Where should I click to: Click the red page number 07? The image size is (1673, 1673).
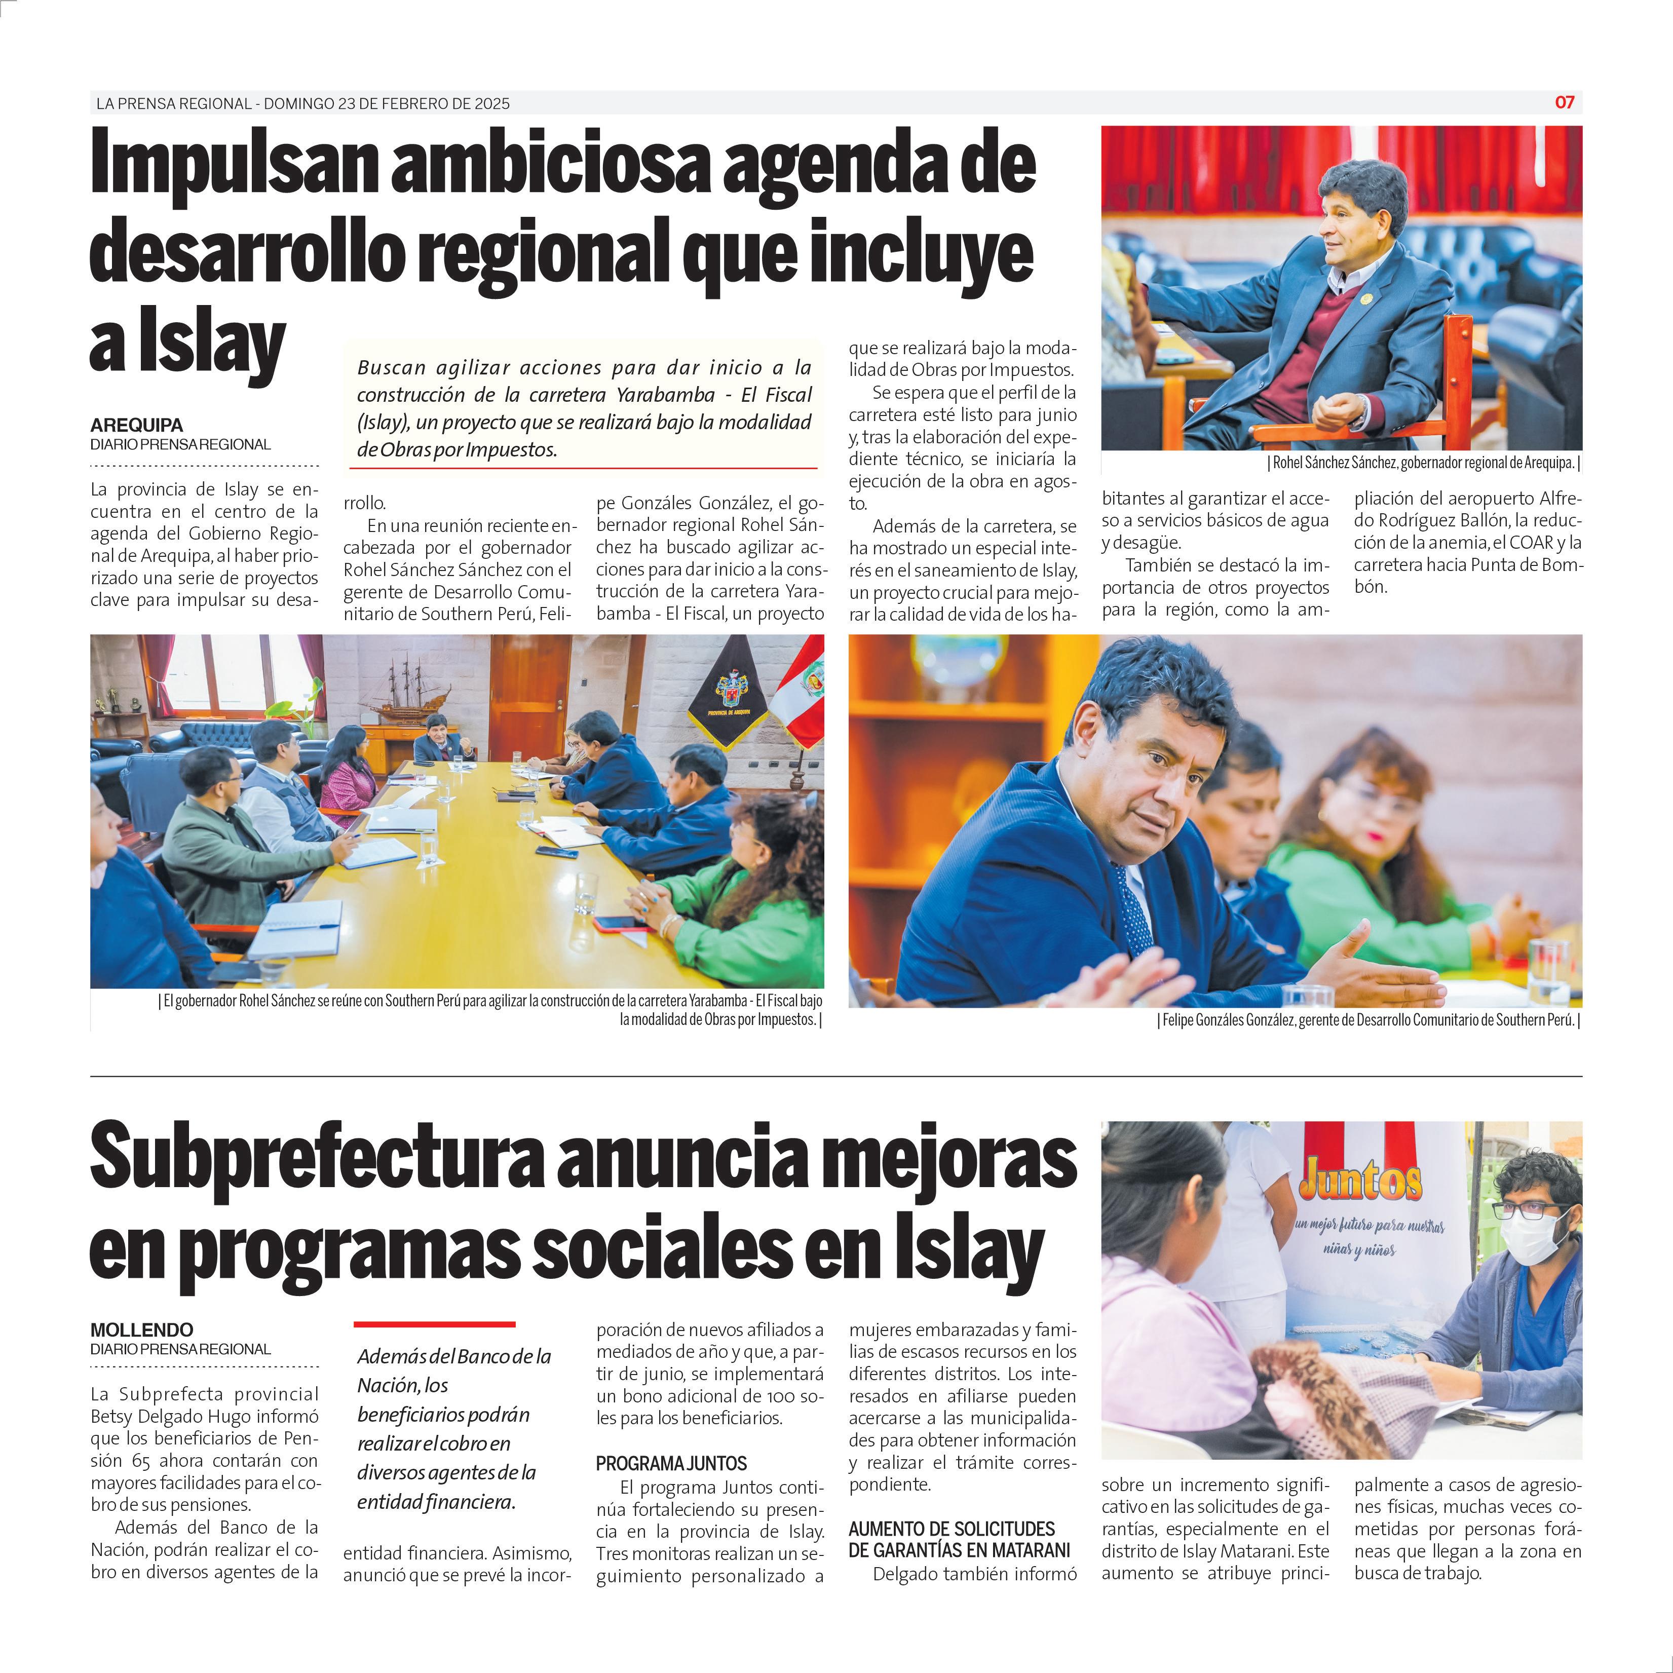point(1564,102)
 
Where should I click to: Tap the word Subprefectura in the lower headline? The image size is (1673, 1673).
point(316,1158)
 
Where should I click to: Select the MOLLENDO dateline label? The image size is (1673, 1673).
point(142,1329)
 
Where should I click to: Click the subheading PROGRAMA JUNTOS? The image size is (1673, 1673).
point(671,1463)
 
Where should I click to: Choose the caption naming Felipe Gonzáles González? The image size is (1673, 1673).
point(1369,1020)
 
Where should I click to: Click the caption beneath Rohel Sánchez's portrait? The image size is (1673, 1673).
point(1424,463)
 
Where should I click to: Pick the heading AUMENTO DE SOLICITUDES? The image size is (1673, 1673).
point(952,1529)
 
